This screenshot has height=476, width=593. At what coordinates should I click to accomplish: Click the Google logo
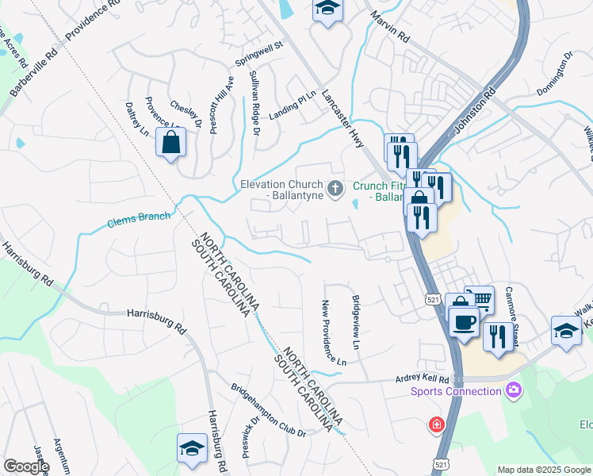[x=26, y=466]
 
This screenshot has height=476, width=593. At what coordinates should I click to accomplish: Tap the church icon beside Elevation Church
[x=335, y=189]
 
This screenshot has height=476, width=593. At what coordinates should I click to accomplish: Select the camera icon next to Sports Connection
[x=514, y=390]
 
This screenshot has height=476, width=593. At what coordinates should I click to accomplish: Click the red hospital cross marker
[x=436, y=426]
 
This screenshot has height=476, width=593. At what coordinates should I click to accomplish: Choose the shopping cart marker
[x=480, y=300]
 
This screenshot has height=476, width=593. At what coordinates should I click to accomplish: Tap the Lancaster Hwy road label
[x=343, y=118]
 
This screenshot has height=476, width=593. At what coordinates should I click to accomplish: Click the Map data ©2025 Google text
[x=543, y=470]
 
